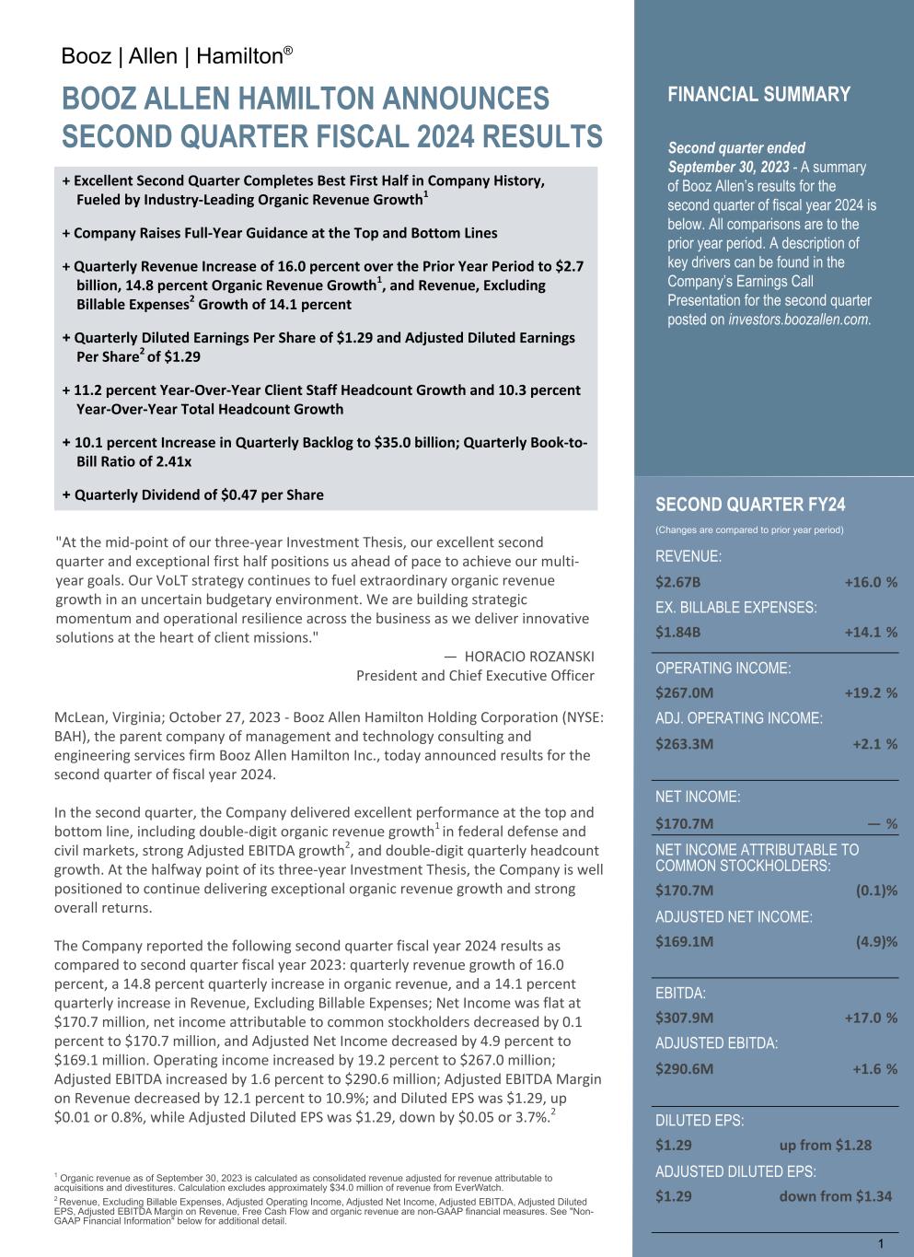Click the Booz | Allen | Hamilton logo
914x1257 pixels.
(177, 56)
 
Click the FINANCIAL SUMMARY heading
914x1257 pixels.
(758, 95)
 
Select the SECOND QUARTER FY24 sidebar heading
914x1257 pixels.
(750, 505)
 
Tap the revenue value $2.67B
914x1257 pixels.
(677, 582)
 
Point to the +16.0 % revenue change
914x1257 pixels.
(870, 582)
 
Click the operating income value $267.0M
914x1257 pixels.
(684, 693)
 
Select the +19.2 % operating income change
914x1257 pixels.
(870, 693)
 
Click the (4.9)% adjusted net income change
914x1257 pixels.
(876, 941)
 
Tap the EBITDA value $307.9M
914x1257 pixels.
(684, 1018)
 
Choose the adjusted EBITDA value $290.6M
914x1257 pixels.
(684, 1069)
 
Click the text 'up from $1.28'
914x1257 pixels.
(825, 1145)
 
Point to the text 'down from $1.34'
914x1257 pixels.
(835, 1196)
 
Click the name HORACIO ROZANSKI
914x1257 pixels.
(528, 657)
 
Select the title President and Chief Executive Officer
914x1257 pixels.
(475, 676)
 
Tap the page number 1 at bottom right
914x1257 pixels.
(881, 1244)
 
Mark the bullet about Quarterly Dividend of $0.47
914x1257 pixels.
(193, 495)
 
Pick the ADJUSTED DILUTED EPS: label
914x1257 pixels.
(735, 1171)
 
